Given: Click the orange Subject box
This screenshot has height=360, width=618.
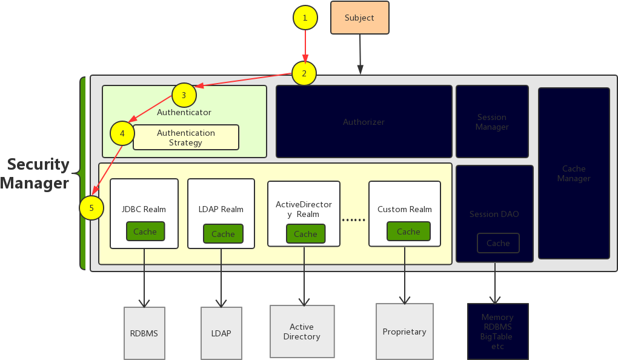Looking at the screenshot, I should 359,18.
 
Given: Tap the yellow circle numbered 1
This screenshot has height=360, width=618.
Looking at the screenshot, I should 305,18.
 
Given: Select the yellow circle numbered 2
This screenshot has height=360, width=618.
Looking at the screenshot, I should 304,73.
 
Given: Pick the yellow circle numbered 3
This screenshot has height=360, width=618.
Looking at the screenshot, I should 184,95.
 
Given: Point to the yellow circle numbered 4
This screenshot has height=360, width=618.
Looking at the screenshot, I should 122,133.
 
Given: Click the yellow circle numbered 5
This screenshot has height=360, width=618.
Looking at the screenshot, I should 91,208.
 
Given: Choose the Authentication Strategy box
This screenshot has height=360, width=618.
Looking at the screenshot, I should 186,138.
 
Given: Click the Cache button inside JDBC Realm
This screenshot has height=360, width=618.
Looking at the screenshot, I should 145,232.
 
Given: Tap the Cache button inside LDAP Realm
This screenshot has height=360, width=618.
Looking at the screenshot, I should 223,234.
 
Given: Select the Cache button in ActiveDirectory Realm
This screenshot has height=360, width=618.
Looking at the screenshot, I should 305,234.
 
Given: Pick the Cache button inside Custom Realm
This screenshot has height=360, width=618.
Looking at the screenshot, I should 408,232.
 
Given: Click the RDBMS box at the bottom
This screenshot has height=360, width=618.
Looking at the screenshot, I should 144,333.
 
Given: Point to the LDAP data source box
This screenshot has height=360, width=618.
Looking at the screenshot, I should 221,333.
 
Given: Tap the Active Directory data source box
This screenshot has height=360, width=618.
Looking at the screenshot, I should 302,332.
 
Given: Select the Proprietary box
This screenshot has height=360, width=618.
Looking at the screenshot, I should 404,332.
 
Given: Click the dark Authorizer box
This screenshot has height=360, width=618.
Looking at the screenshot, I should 364,122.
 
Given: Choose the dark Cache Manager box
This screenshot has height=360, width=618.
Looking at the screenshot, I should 574,173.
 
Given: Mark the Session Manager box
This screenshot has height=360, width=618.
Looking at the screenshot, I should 492,122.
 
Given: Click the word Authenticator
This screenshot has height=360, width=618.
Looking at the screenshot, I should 184,112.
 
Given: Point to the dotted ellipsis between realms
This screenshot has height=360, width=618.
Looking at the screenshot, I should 354,220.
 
